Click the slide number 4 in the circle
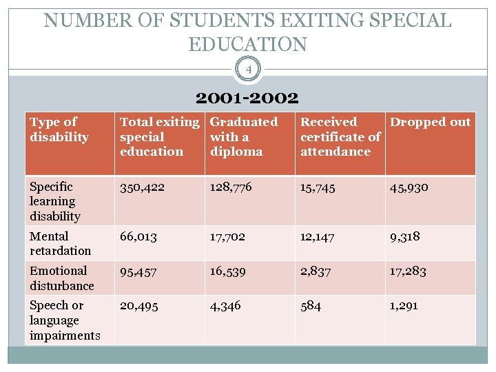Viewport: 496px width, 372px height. pyautogui.click(x=247, y=69)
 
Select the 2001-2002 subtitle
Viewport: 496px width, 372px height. pyautogui.click(x=247, y=99)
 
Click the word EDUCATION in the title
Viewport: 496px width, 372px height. pyautogui.click(x=247, y=44)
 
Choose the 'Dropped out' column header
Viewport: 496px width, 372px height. pyautogui.click(x=430, y=123)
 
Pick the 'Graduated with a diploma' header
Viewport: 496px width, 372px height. pyautogui.click(x=243, y=136)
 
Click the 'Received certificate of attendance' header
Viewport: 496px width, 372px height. pyautogui.click(x=340, y=136)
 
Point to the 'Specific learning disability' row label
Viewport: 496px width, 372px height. pyautogui.click(x=55, y=201)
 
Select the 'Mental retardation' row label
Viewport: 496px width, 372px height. pyautogui.click(x=60, y=243)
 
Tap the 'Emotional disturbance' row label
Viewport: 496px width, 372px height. pyautogui.click(x=61, y=278)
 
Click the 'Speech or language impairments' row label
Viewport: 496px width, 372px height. pyautogui.click(x=65, y=320)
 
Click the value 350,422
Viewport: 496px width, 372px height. pyautogui.click(x=142, y=187)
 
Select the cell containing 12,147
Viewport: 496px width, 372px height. pyautogui.click(x=318, y=236)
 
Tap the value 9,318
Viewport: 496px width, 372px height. pyautogui.click(x=405, y=236)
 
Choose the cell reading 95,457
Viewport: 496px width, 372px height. pyautogui.click(x=138, y=271)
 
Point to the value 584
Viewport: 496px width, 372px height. pyautogui.click(x=311, y=306)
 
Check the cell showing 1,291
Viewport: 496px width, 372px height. pyautogui.click(x=404, y=306)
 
